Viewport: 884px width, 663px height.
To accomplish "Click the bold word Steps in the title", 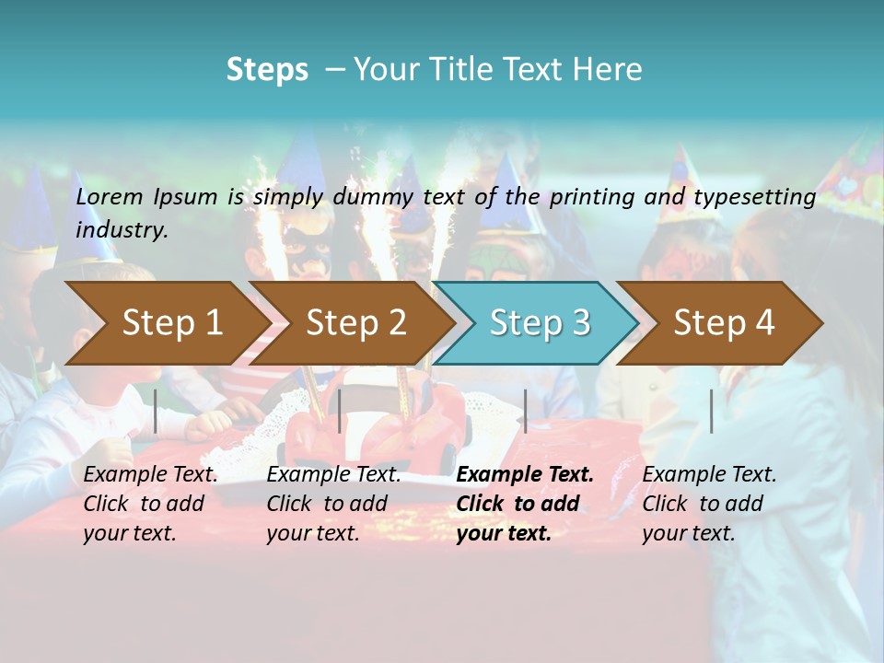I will [x=267, y=70].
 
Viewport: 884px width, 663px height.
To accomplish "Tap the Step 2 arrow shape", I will [x=355, y=322].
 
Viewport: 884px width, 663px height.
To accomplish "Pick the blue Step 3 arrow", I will [x=539, y=322].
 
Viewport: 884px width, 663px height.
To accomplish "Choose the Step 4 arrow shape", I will [x=723, y=322].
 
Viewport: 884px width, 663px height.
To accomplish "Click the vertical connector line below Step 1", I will [x=156, y=411].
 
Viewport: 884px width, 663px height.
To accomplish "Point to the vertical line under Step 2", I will [x=340, y=411].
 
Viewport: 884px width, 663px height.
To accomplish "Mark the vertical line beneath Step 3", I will [x=525, y=411].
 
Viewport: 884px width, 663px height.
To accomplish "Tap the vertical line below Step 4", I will [x=711, y=411].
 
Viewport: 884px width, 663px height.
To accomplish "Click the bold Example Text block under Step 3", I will [x=525, y=504].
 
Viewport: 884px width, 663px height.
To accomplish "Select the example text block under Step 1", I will [x=150, y=504].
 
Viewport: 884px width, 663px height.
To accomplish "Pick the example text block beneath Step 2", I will [x=333, y=504].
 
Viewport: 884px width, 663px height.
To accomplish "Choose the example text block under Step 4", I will [x=709, y=504].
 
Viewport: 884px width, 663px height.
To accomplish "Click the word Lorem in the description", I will [x=110, y=196].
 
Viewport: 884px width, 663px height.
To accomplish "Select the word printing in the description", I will [x=593, y=196].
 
